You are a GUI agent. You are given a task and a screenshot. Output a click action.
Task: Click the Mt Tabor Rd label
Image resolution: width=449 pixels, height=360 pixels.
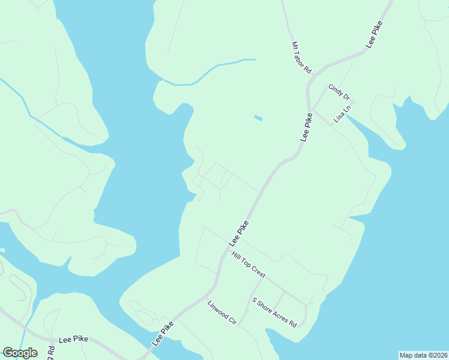(x=301, y=57)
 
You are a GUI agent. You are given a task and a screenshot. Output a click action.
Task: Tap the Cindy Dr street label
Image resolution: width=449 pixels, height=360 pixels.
(x=339, y=92)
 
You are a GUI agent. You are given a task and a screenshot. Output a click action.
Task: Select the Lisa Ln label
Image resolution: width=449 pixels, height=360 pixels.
(x=342, y=112)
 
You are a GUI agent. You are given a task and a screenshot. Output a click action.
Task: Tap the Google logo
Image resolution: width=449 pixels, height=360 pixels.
(x=20, y=352)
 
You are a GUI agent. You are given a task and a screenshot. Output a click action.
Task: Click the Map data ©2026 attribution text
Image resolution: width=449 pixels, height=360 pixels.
(x=424, y=355)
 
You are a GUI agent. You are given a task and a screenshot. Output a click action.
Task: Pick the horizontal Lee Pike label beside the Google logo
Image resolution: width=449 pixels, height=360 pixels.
(x=73, y=340)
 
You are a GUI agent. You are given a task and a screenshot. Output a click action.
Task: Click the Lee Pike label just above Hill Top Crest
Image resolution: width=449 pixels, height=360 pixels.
(x=238, y=233)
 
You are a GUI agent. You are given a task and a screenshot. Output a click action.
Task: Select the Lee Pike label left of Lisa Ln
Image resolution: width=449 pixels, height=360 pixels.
(x=307, y=127)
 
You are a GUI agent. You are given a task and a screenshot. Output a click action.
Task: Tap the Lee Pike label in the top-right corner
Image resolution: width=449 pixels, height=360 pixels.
(x=374, y=35)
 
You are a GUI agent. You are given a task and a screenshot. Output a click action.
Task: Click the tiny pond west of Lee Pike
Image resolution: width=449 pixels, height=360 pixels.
(x=258, y=118)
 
